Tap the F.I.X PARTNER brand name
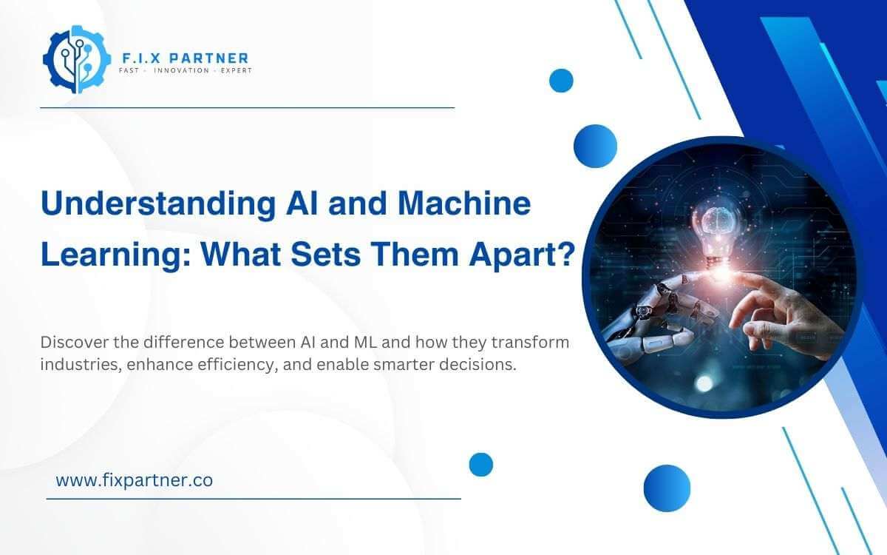coord(183,57)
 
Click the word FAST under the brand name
coord(131,71)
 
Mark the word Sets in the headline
coord(343,254)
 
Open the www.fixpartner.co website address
coord(135,480)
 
